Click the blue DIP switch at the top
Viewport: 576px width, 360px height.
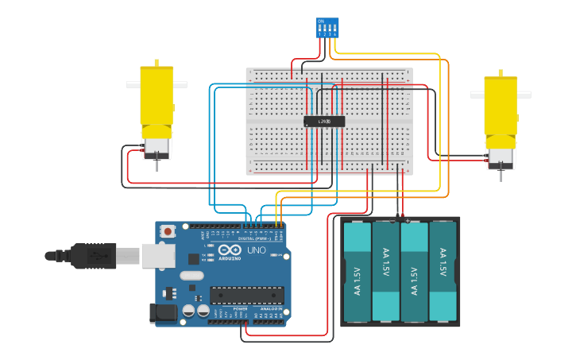pos(327,28)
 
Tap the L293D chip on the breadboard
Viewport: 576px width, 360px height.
pos(324,122)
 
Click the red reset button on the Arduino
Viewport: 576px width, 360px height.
pos(168,231)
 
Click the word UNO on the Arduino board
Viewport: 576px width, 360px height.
pos(257,250)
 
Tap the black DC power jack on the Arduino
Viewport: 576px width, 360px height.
pos(164,312)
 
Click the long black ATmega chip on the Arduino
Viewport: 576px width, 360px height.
pos(246,295)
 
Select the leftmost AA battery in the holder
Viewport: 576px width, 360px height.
pos(358,271)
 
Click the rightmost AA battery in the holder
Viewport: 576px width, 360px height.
pos(443,271)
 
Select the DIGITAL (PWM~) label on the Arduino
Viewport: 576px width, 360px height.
pos(254,238)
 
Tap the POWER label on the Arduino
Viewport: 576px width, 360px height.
pos(218,308)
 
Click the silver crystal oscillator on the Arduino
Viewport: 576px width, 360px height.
pos(191,275)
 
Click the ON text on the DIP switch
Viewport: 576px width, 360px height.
pos(321,21)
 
